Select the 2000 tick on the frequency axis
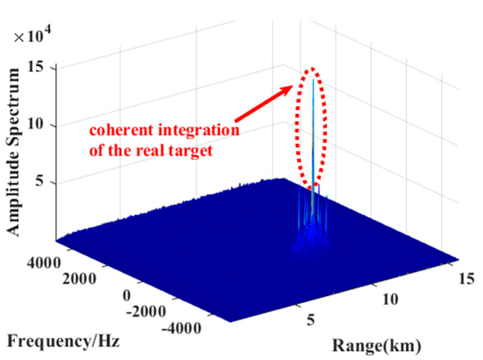79,278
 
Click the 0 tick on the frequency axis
127,295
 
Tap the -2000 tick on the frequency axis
146,311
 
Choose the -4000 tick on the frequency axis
181,328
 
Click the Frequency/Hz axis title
63,341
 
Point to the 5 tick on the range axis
310,319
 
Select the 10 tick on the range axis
390,299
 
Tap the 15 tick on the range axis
466,278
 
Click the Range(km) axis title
377,346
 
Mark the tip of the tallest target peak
313,80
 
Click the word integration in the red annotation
199,131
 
